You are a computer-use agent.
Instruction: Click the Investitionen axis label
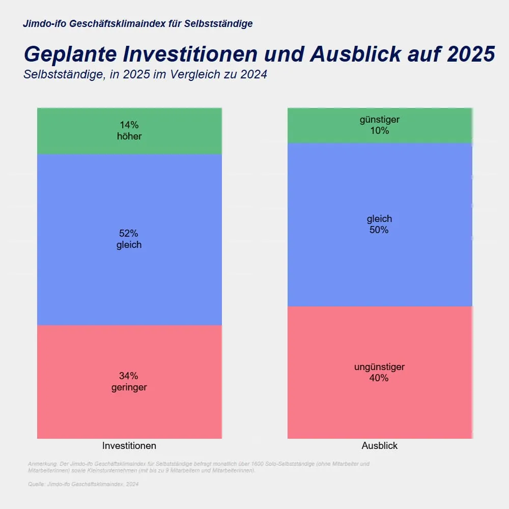pyautogui.click(x=129, y=446)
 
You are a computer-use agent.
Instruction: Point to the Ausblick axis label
pyautogui.click(x=380, y=446)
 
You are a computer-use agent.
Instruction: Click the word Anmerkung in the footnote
pyautogui.click(x=42, y=464)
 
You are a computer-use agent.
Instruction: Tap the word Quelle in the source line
pyautogui.click(x=36, y=485)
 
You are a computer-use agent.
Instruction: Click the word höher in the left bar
pyautogui.click(x=129, y=136)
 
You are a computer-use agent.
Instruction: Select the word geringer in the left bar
pyautogui.click(x=129, y=387)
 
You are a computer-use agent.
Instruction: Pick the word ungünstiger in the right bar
pyautogui.click(x=380, y=367)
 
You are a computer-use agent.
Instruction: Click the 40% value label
pyautogui.click(x=380, y=378)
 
